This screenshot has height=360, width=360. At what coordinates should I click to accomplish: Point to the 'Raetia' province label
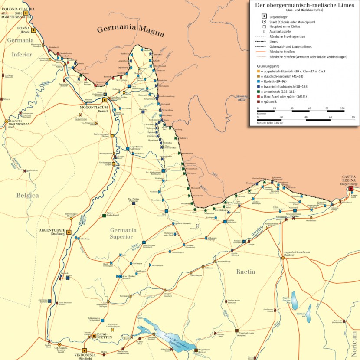[x=245, y=272]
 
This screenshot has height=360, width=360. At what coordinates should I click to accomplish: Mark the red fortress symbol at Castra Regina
[x=350, y=189]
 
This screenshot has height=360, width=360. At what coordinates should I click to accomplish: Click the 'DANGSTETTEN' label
[x=105, y=337]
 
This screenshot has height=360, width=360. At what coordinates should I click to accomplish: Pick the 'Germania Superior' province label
[x=121, y=233]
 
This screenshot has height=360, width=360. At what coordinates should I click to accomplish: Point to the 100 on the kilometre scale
[x=342, y=108]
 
